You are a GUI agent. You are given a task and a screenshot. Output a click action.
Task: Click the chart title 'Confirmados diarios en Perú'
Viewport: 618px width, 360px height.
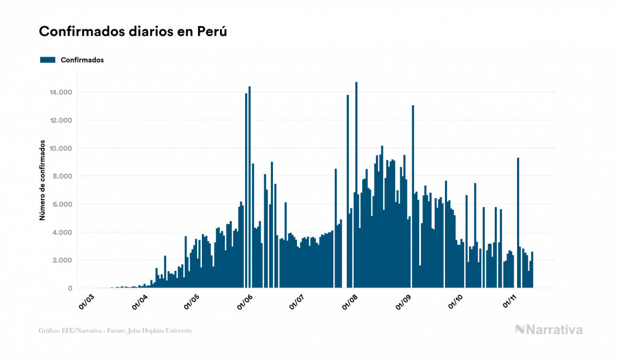(x=133, y=32)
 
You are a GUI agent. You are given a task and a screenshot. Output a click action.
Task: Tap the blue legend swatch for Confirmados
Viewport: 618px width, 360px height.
(x=48, y=60)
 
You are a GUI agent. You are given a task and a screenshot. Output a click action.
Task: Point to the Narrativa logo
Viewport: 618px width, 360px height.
(x=549, y=330)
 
